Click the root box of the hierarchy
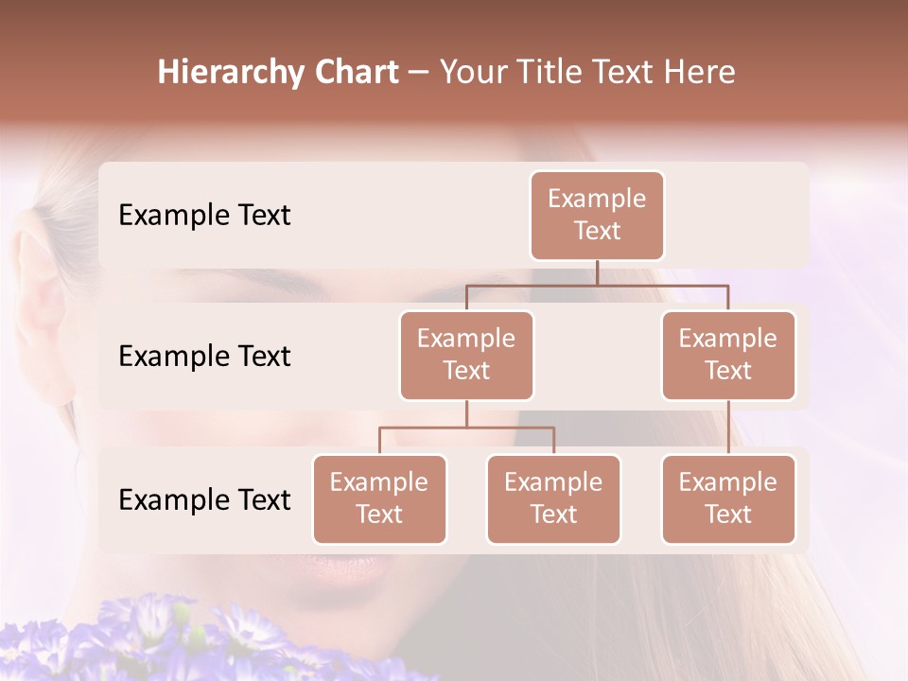click(x=597, y=215)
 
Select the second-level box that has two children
click(x=466, y=355)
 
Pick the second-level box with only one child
click(x=728, y=355)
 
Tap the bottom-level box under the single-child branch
click(x=728, y=498)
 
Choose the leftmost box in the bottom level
click(x=379, y=498)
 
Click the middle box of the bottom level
click(x=553, y=498)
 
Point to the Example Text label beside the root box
click(x=204, y=216)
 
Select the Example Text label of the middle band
click(x=204, y=357)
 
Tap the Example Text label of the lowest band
click(x=204, y=500)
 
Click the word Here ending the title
click(x=700, y=73)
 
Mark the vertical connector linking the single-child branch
click(x=728, y=428)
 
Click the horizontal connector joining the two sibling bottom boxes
click(x=466, y=428)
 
